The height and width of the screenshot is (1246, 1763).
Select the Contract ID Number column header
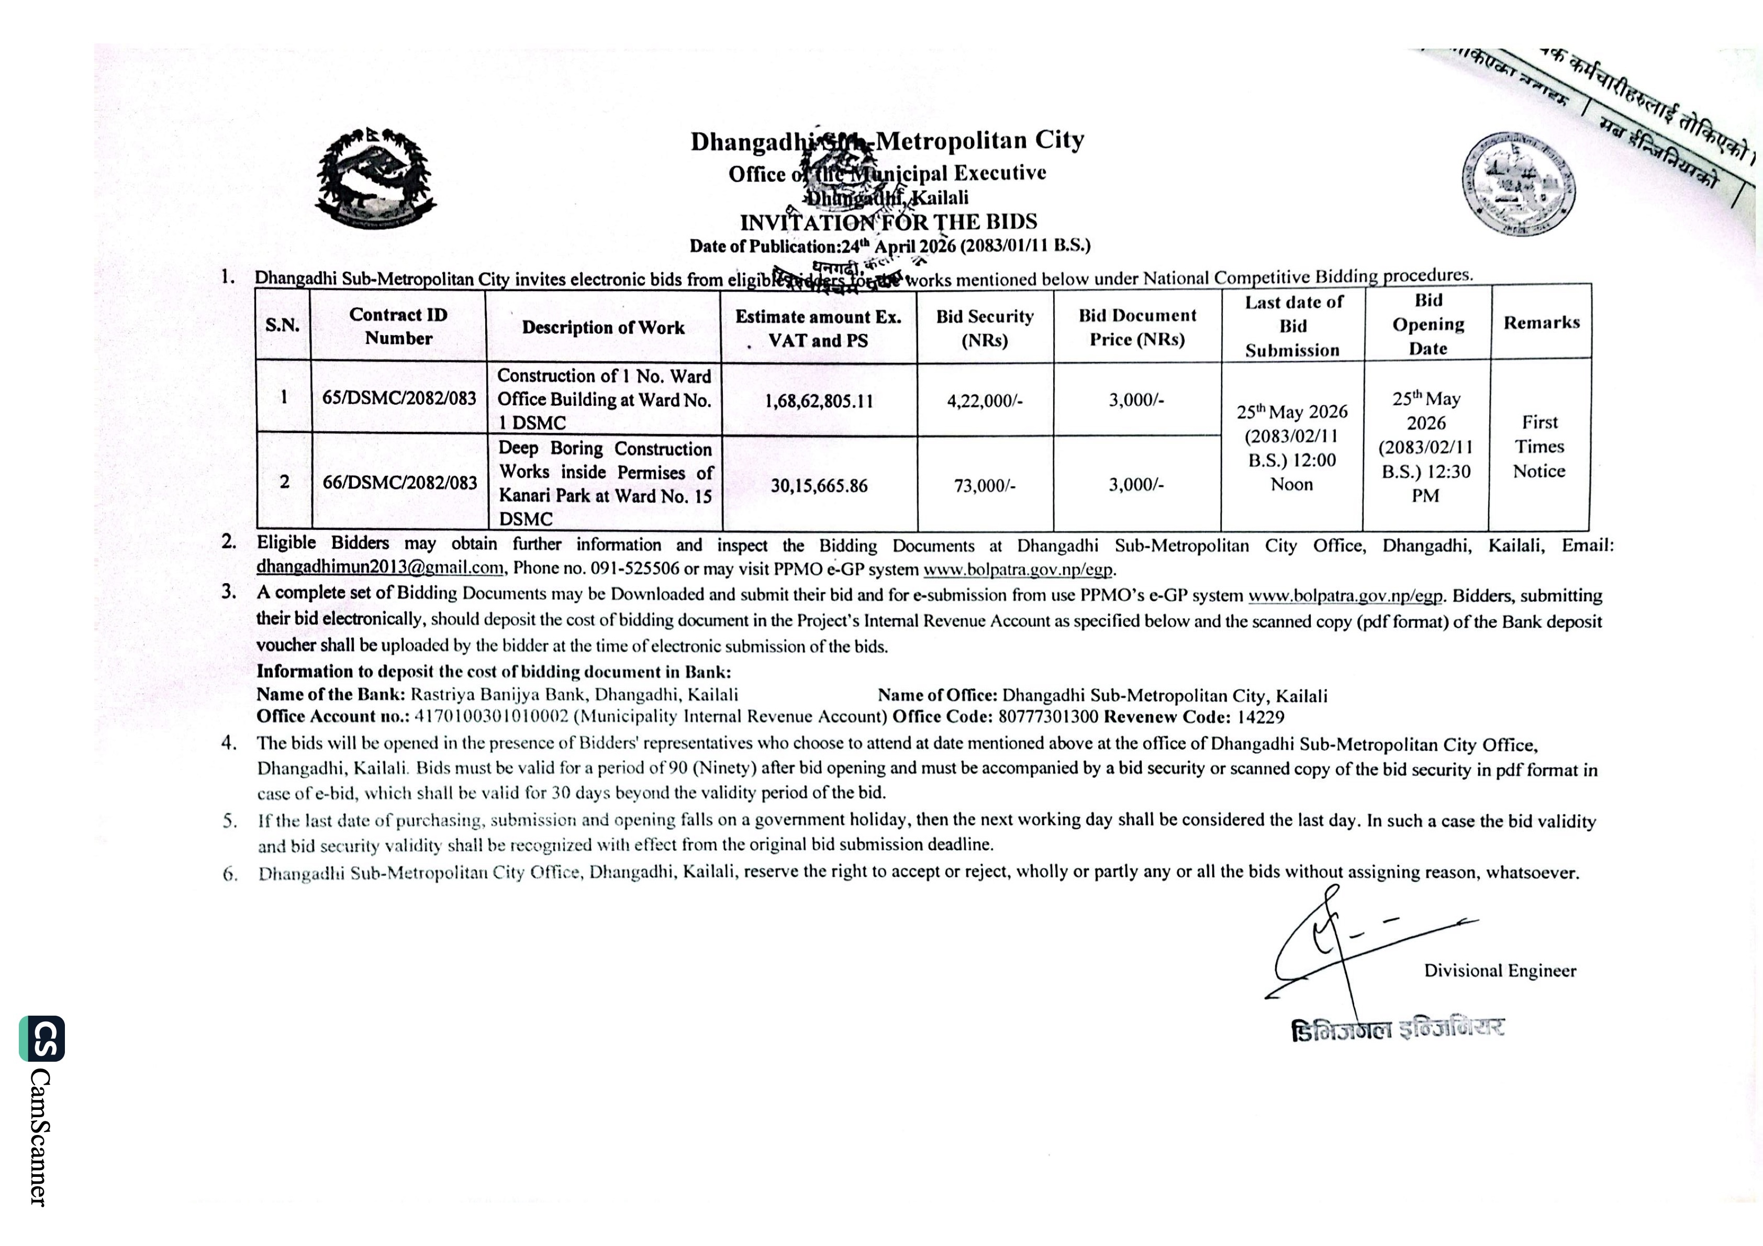tap(398, 326)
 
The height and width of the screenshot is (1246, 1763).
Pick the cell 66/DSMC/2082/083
tap(399, 482)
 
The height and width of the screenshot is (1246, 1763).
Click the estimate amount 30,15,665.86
tap(819, 485)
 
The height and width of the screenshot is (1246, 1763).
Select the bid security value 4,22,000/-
tap(985, 400)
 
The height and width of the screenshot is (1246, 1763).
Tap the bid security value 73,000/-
tap(985, 485)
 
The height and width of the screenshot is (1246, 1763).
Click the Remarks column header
tap(1541, 322)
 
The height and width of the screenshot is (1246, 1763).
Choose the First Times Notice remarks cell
tap(1539, 447)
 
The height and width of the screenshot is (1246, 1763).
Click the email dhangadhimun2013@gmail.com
tap(380, 568)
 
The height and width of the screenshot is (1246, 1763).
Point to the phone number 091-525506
tap(634, 569)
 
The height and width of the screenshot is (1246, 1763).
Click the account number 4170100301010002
tap(492, 717)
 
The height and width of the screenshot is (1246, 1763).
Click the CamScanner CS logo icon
tap(41, 1039)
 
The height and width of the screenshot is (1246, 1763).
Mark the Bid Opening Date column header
tap(1427, 324)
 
